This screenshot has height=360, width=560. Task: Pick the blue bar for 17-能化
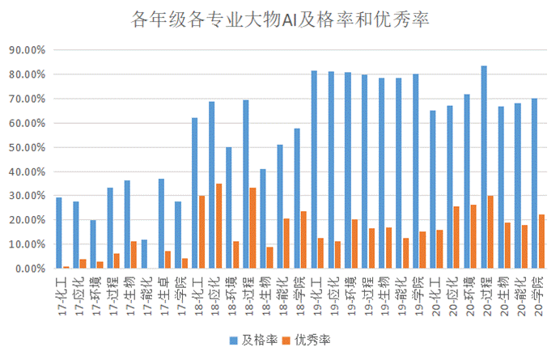[144, 254]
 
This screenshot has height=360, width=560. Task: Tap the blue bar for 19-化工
[314, 169]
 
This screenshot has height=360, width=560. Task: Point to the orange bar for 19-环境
[355, 244]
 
